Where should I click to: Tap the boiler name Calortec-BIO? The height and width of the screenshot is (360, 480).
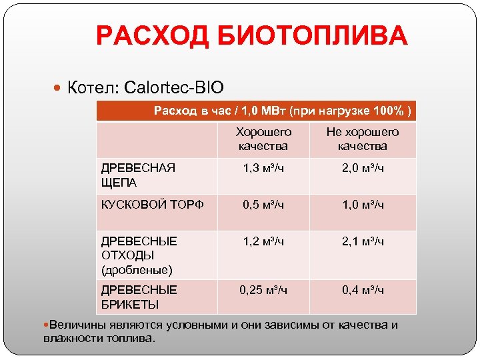pyautogui.click(x=177, y=87)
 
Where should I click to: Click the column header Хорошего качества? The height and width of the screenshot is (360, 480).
pyautogui.click(x=263, y=139)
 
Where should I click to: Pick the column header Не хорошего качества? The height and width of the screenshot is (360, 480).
pyautogui.click(x=362, y=139)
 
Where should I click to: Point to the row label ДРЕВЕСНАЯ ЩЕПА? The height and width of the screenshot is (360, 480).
pyautogui.click(x=137, y=175)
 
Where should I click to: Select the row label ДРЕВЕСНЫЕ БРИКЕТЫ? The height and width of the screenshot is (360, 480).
pyautogui.click(x=139, y=297)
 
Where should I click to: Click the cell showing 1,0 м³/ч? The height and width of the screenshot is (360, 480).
pyautogui.click(x=362, y=205)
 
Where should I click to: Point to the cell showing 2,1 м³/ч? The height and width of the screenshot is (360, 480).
pyautogui.click(x=362, y=241)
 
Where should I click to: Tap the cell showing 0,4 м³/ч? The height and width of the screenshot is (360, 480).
pyautogui.click(x=362, y=290)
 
